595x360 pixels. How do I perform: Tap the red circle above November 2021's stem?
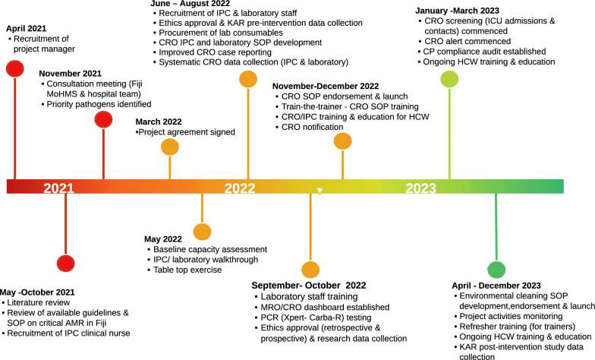[x=103, y=118]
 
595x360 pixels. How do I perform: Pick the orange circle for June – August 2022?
[x=247, y=79]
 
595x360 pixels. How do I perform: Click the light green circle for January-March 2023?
[x=449, y=79]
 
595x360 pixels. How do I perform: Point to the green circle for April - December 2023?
[x=496, y=269]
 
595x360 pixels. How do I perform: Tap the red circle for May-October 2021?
[x=66, y=264]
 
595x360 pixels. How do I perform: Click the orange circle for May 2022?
[x=202, y=232]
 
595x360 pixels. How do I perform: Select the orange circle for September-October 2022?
[x=310, y=270]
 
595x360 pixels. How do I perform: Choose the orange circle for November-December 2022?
[x=342, y=141]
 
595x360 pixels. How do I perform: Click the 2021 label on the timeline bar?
[x=58, y=188]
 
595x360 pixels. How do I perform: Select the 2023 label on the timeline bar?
[x=420, y=188]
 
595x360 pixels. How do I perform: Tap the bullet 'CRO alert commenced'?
[x=462, y=40]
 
